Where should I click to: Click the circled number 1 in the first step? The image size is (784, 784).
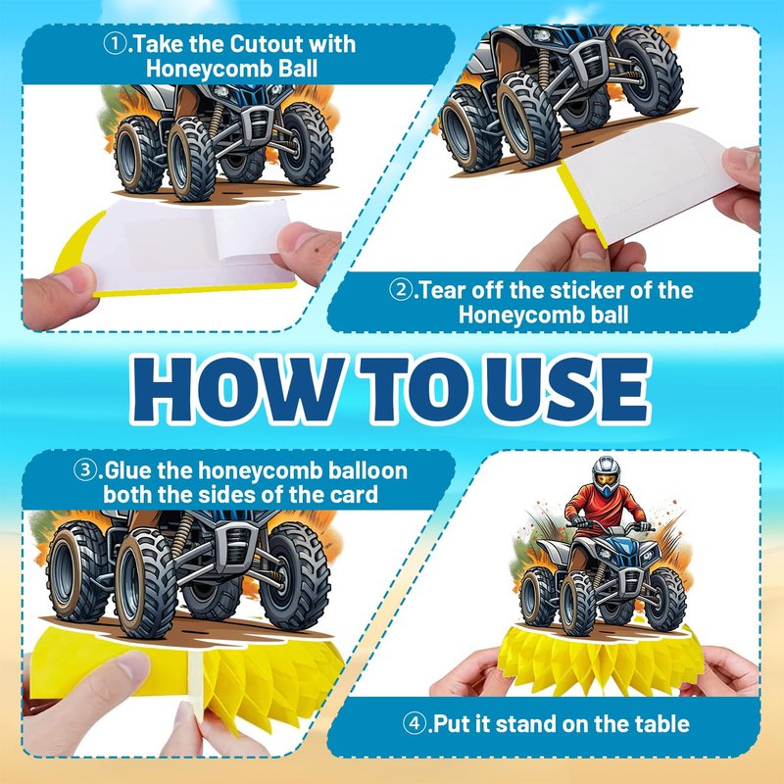(x=115, y=44)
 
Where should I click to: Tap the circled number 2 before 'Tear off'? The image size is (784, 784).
(x=401, y=290)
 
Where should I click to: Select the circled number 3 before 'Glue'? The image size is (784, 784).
(x=85, y=470)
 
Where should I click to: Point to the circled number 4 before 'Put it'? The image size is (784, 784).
(x=414, y=723)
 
